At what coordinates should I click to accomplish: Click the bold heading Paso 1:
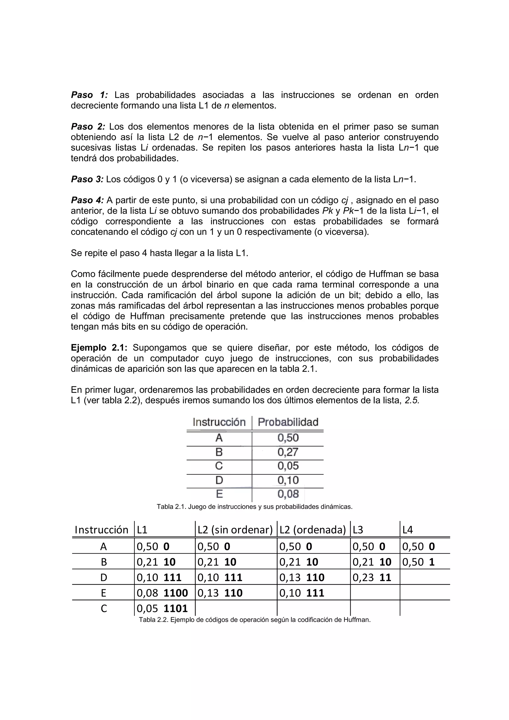(89, 95)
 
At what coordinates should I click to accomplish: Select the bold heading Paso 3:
(87, 179)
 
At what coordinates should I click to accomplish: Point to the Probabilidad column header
(288, 422)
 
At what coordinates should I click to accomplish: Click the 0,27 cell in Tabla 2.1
(288, 452)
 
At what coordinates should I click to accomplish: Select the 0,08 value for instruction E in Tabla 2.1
(288, 494)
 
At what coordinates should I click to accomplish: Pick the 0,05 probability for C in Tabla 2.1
(288, 466)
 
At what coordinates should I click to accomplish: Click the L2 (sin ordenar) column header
(235, 530)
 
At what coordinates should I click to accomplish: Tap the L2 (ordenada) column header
(313, 530)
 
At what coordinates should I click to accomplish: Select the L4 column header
(408, 530)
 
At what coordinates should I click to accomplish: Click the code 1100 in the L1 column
(176, 593)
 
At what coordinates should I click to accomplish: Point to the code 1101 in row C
(176, 608)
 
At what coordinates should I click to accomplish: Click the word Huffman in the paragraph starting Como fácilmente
(386, 274)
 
